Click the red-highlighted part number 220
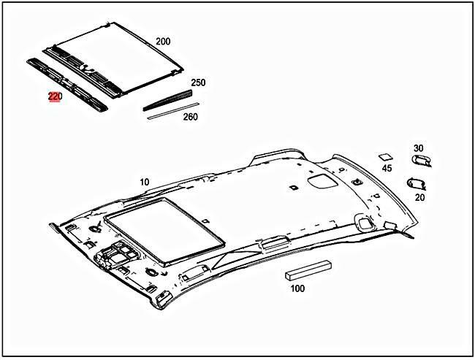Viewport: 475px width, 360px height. [56, 96]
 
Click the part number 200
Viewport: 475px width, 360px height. [162, 42]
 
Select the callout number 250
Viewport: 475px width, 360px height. [198, 83]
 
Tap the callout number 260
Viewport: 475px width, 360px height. [189, 117]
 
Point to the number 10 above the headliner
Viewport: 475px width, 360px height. [144, 181]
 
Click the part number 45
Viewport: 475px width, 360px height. [387, 169]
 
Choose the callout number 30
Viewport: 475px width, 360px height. [418, 148]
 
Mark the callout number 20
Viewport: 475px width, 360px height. [419, 196]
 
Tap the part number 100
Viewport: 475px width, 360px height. [297, 288]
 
